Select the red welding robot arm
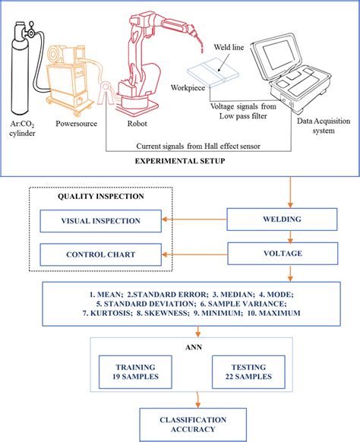(x=148, y=61)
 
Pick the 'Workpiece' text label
(x=189, y=87)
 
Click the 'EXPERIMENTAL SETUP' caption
(x=178, y=162)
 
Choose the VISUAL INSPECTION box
(x=101, y=222)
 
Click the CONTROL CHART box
(x=101, y=254)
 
